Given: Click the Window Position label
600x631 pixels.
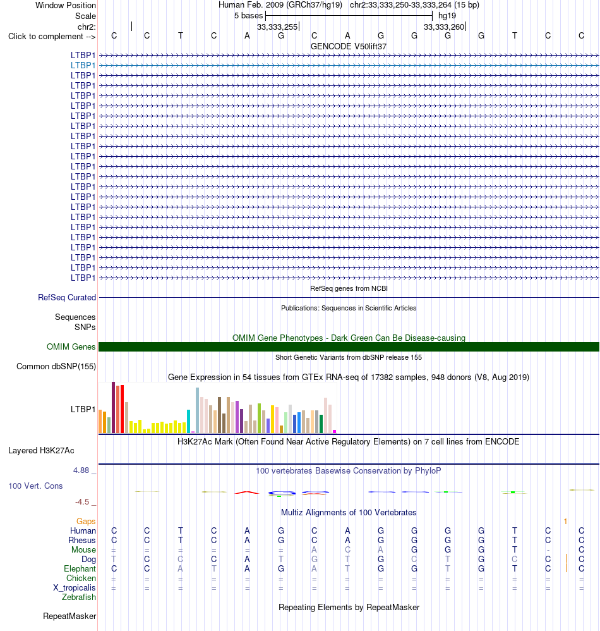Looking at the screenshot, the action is coord(66,5).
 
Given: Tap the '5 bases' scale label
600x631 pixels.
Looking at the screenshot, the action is coord(248,16).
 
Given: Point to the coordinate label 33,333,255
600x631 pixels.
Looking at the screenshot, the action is coord(277,27).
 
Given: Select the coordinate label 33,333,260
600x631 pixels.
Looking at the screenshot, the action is coord(444,27).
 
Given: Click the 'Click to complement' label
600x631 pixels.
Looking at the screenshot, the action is coord(52,37).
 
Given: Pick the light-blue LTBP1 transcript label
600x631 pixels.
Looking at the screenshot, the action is coord(83,65).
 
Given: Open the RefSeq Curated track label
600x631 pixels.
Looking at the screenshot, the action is coord(67,297).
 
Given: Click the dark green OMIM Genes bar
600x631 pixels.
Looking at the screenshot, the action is coord(349,347).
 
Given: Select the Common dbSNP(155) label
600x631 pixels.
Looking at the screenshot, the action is coord(56,367).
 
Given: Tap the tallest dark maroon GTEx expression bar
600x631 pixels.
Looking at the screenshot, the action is coord(113,407).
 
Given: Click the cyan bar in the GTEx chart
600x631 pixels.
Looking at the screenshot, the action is coord(188,421).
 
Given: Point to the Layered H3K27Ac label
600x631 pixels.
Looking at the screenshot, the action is coord(41,451).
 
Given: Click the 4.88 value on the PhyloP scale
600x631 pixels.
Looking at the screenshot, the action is coord(81,470).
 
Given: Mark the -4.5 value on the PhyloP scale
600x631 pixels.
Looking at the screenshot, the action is coord(82,502).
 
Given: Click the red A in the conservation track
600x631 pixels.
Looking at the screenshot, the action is coord(247,493).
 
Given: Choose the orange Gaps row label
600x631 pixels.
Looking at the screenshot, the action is coord(86,522).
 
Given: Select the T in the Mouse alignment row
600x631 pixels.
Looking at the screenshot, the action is coord(514,549).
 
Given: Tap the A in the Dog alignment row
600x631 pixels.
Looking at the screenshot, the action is coord(247,560).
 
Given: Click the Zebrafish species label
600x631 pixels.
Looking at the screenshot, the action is coord(79,597).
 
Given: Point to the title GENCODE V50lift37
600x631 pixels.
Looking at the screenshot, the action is coord(349,47).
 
